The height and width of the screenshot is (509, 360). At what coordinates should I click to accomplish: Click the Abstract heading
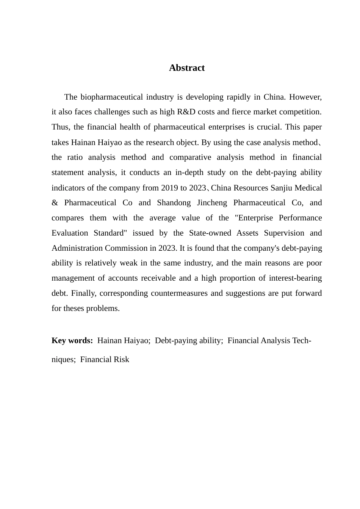[x=187, y=68]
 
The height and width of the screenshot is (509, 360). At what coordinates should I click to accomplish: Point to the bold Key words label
[x=72, y=340]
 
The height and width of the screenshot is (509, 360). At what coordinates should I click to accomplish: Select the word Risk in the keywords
[x=122, y=359]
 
